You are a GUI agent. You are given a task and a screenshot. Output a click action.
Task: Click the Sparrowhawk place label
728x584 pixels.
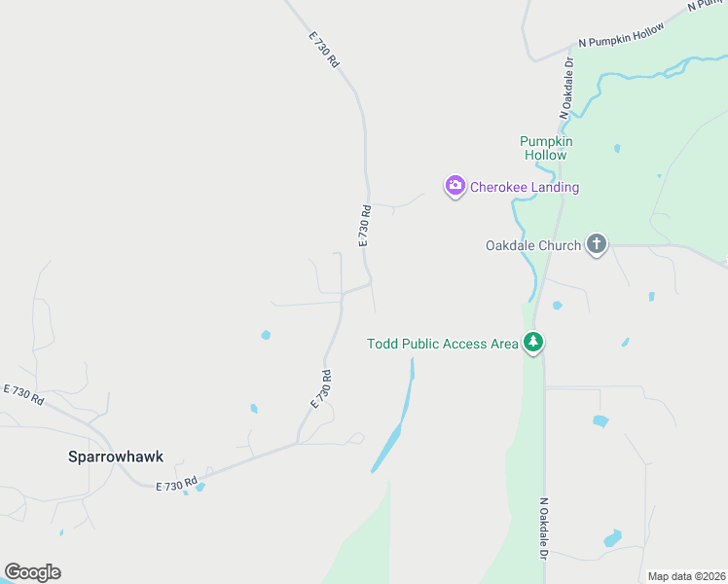pos(116,456)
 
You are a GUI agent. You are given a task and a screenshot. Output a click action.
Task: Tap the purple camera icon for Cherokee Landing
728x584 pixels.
pos(455,186)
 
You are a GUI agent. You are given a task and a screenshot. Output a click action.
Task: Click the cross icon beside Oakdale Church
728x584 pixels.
pos(597,245)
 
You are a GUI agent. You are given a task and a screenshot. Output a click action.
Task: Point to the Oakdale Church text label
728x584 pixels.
pos(532,245)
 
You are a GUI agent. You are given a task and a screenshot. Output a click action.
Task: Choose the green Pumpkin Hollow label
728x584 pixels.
pos(545,148)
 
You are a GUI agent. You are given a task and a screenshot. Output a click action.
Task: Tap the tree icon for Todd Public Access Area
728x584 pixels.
pos(532,343)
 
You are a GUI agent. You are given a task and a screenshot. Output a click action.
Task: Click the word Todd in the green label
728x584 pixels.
pos(383,344)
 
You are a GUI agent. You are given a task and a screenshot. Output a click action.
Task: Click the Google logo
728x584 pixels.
pos(33,572)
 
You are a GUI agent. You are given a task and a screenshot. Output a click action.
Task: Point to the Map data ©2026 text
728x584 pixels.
pos(686,576)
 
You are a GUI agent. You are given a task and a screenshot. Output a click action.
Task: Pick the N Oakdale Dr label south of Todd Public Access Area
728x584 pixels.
pos(544,527)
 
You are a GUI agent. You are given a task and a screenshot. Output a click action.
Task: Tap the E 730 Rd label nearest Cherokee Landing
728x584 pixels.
pos(364,225)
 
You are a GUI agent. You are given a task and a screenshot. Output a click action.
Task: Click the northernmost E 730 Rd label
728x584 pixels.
pos(324,50)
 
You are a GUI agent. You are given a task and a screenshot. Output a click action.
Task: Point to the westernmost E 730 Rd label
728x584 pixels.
pos(24,394)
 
